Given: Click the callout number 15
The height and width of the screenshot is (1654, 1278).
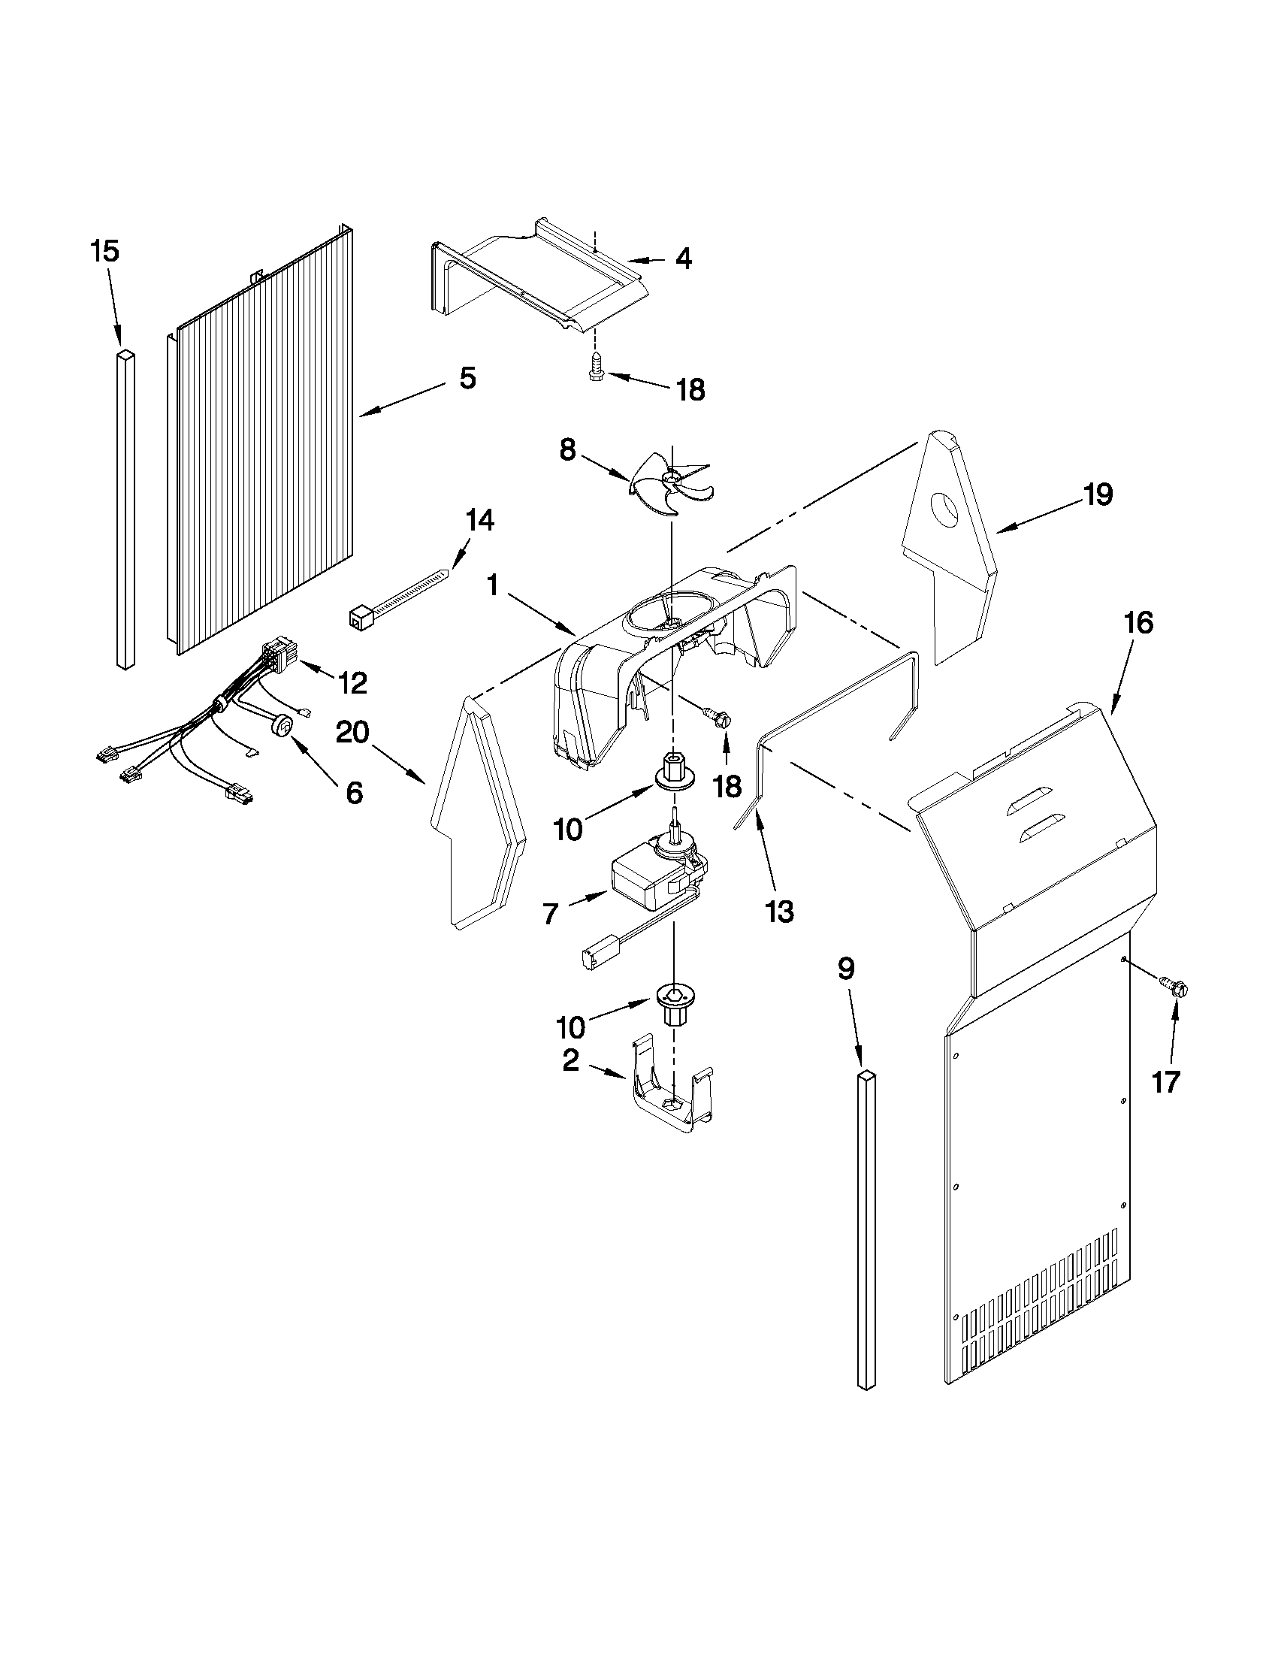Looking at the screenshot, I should [105, 252].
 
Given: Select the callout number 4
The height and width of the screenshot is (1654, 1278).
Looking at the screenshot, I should [683, 259].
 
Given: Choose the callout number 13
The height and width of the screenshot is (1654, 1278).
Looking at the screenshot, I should [780, 912].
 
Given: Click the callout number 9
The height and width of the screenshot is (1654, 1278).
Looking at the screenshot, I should [847, 968].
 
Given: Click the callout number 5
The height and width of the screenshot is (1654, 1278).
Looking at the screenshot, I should [468, 377].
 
